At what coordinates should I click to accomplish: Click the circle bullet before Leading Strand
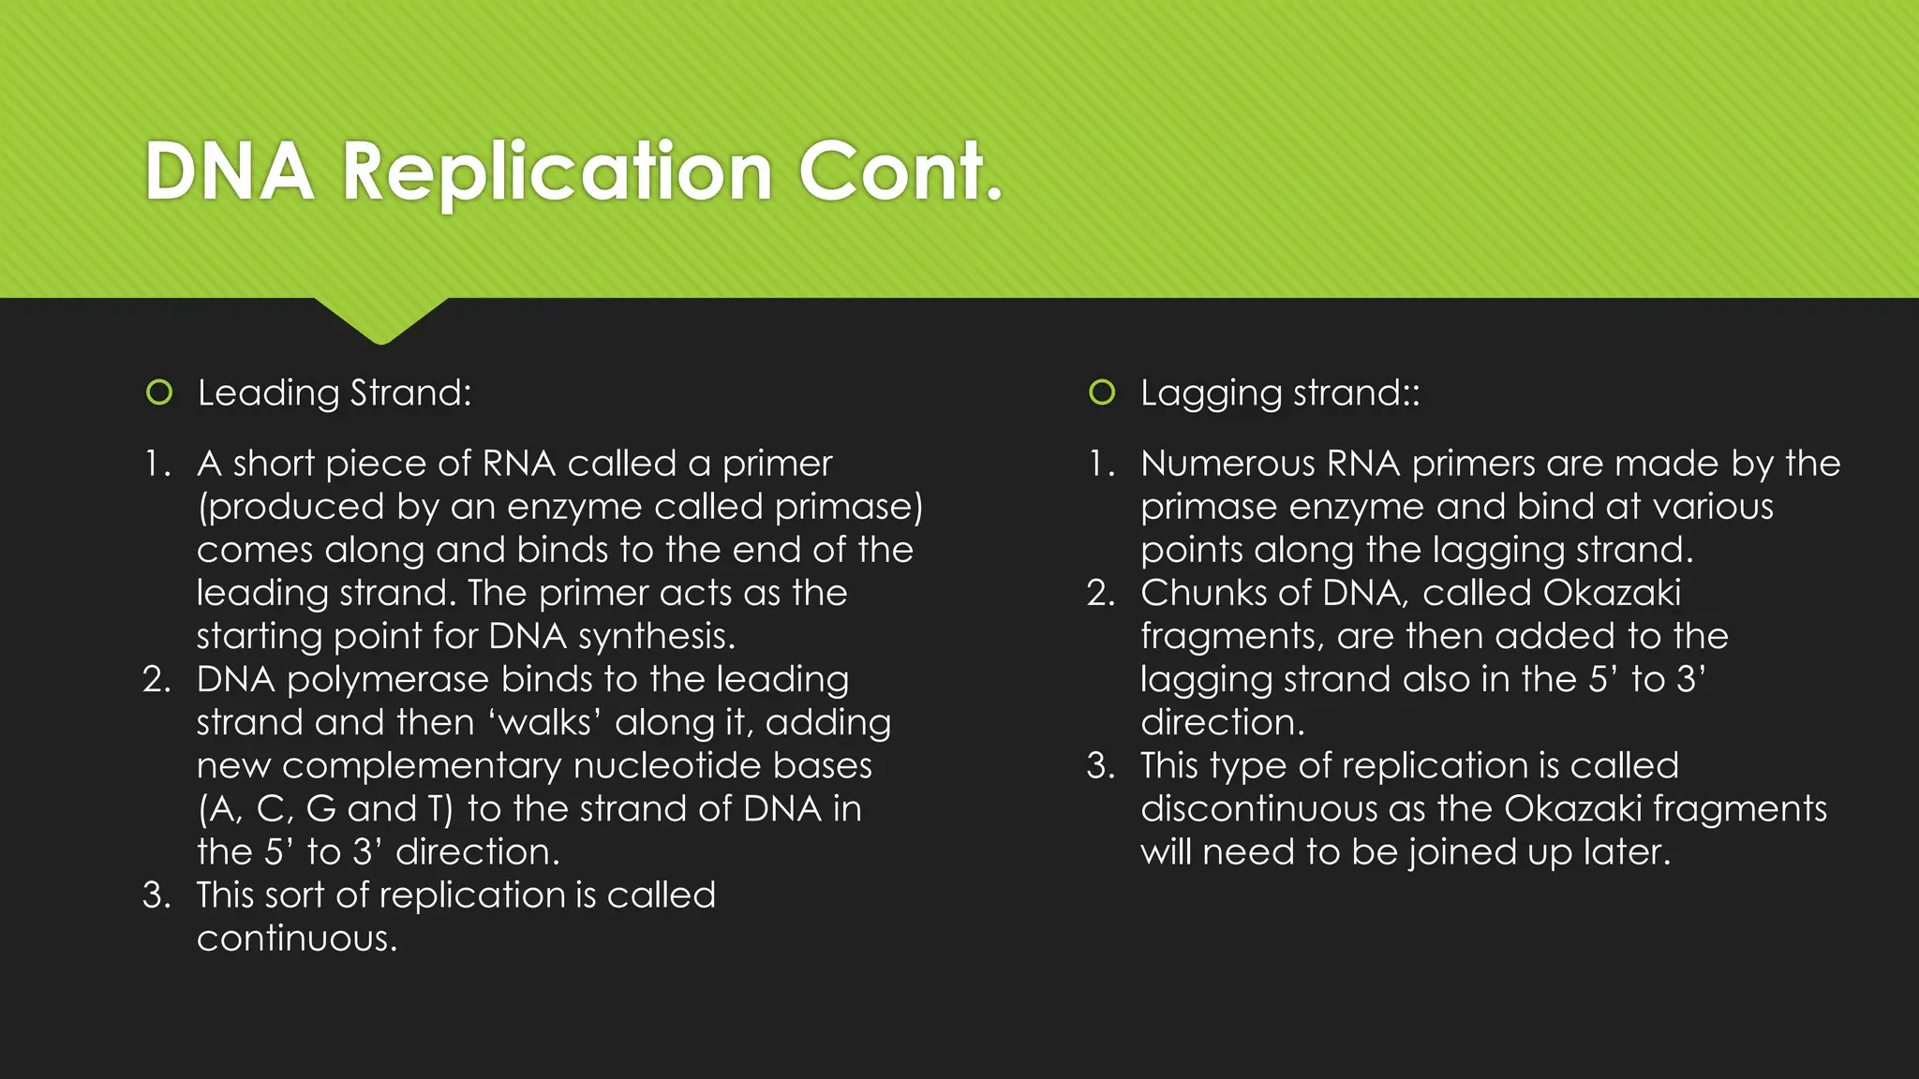(159, 392)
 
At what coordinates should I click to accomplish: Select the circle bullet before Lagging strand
(1102, 392)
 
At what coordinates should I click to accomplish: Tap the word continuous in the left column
(296, 939)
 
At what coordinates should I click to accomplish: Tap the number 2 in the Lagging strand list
(1099, 593)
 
